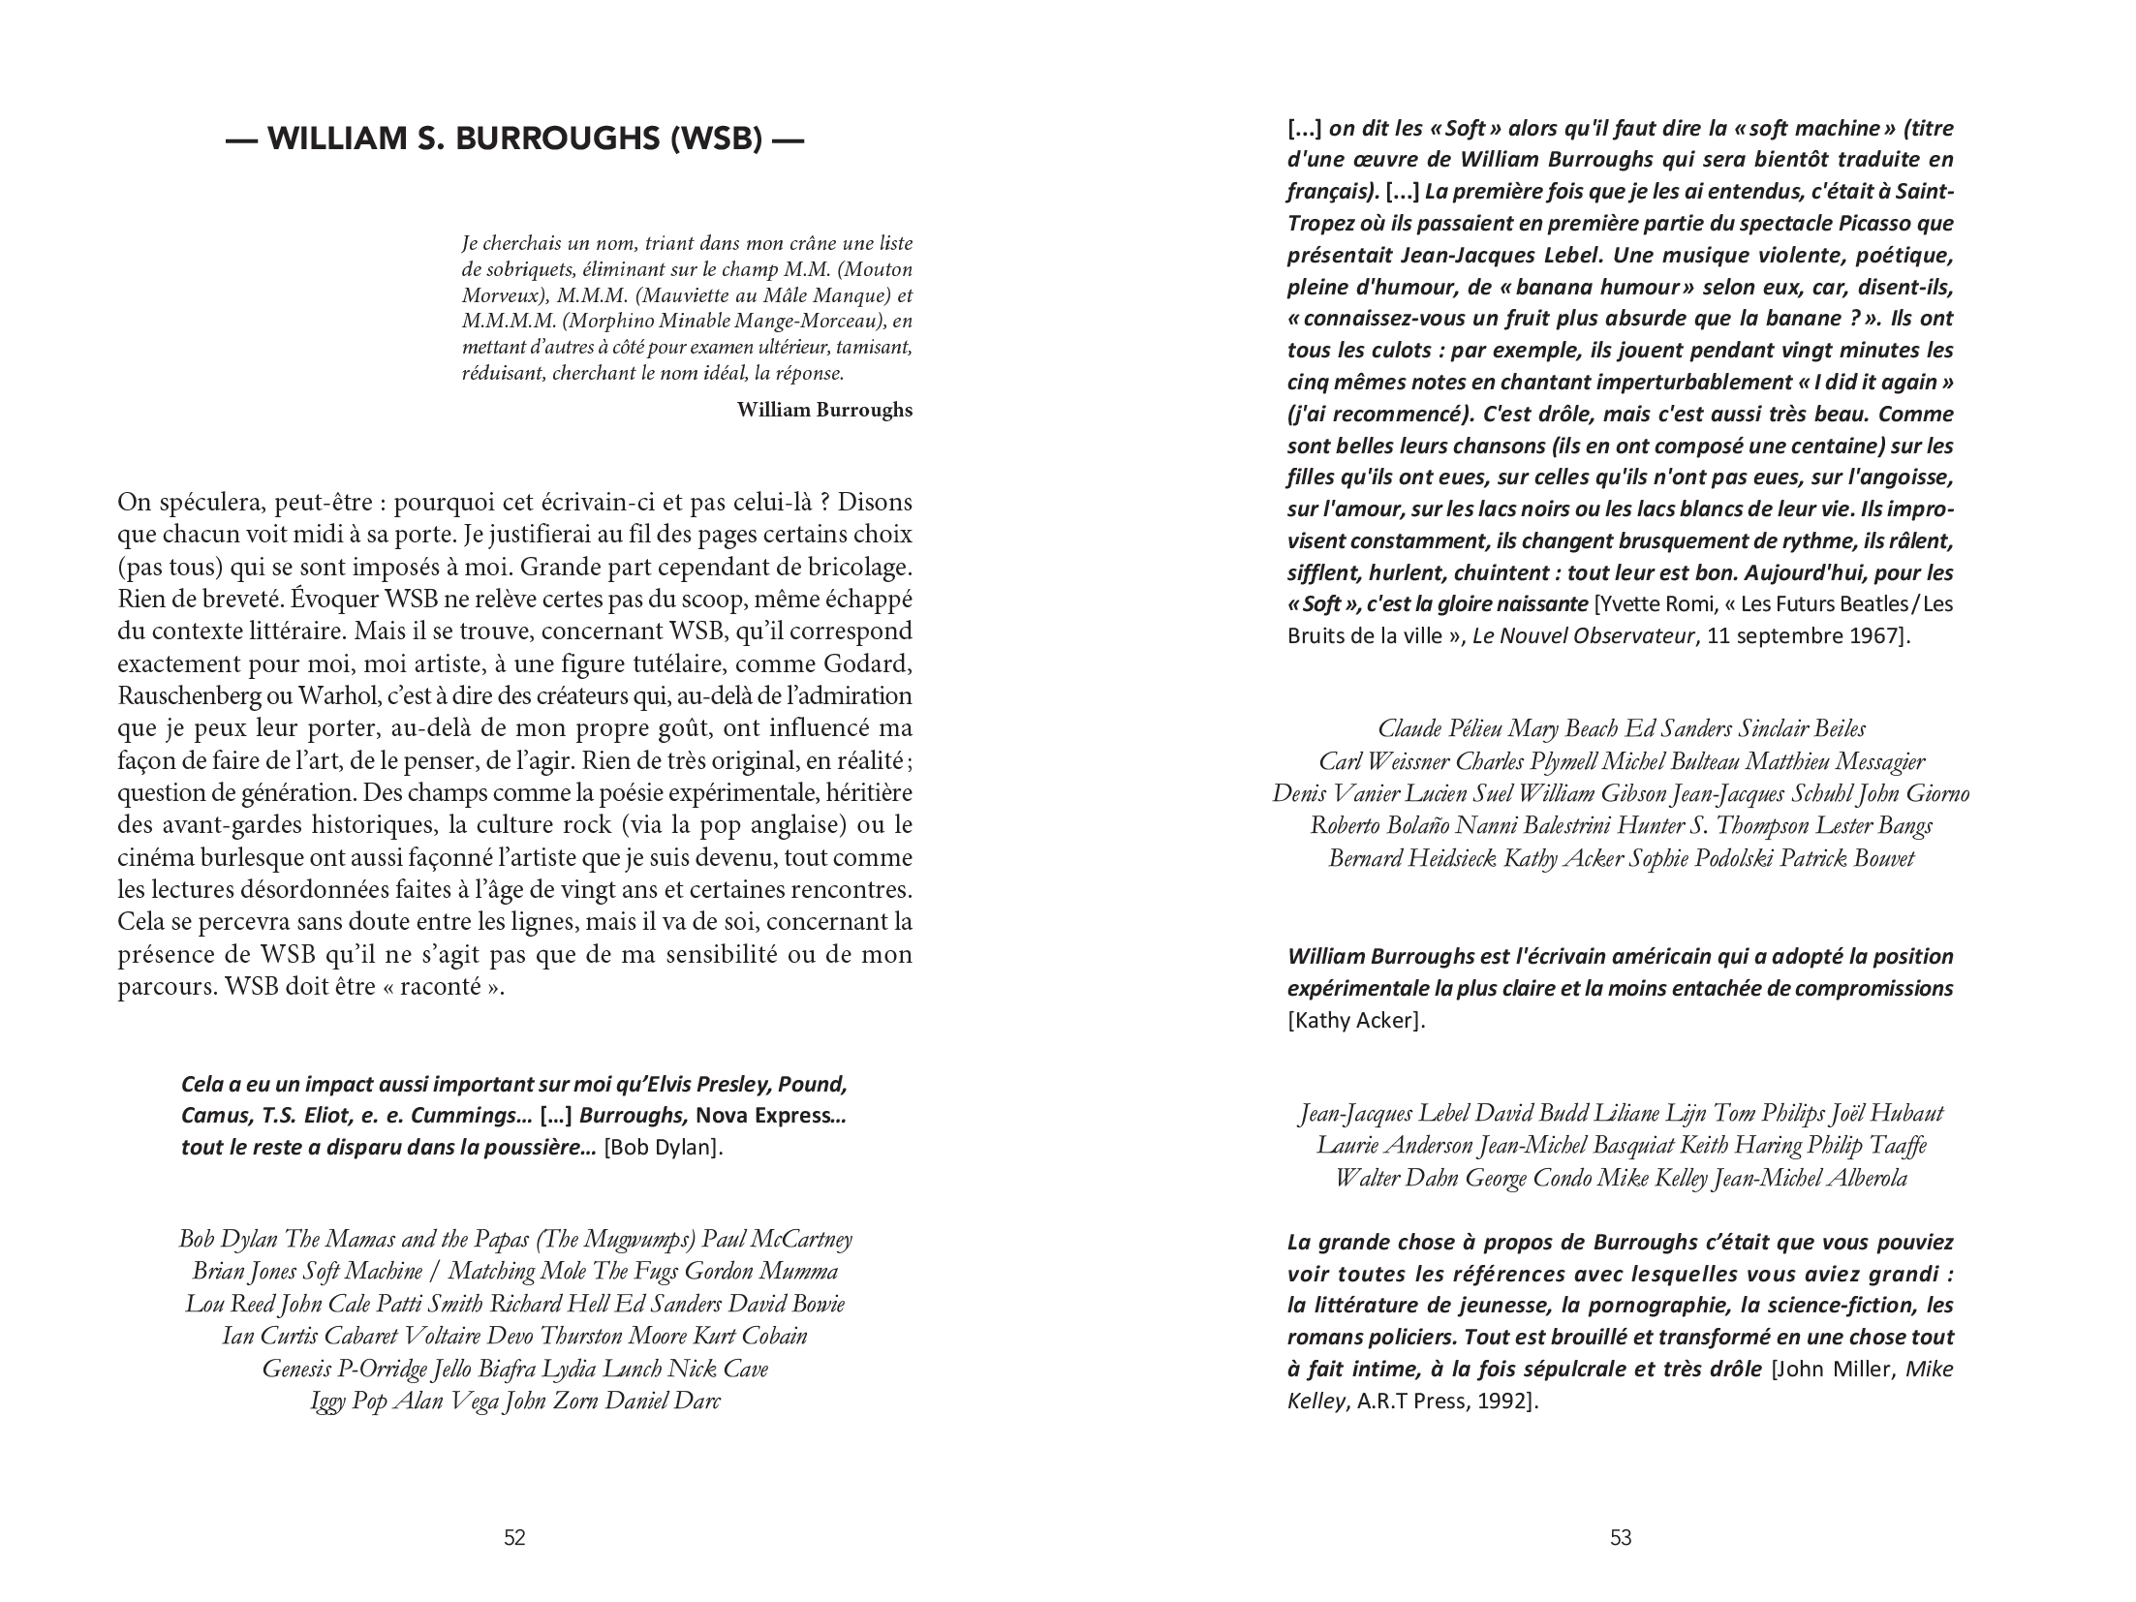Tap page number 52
point(514,1537)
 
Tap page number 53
point(1621,1537)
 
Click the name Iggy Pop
point(349,1401)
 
